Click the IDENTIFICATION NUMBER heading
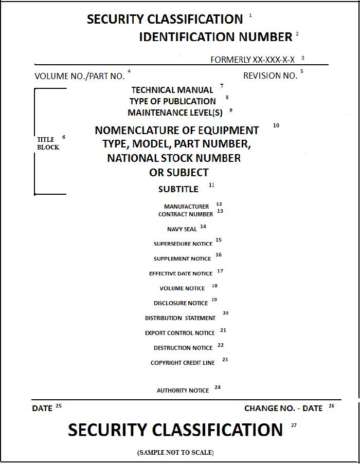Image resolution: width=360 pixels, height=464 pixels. [215, 37]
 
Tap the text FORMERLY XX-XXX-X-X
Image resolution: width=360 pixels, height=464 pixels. [253, 60]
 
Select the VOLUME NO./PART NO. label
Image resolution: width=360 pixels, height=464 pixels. [80, 76]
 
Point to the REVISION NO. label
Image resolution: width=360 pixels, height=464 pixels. [270, 76]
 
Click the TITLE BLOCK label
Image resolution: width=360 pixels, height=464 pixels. [48, 143]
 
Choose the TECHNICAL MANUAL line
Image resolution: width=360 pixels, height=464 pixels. [172, 90]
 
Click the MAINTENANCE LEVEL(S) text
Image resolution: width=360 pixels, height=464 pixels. [175, 113]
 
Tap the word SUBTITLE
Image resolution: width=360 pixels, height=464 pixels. [178, 189]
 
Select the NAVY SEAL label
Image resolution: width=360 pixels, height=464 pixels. [182, 229]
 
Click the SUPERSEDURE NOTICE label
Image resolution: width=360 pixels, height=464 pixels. [183, 244]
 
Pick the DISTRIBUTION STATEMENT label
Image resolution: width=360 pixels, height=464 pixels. [180, 318]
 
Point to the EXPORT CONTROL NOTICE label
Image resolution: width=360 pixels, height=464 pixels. [179, 333]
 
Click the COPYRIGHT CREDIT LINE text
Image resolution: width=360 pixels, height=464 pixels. [183, 363]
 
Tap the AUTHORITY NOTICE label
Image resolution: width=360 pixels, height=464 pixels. [183, 391]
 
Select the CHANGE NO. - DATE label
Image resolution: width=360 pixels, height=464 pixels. [283, 409]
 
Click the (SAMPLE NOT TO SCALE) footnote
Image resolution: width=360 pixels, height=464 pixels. [175, 453]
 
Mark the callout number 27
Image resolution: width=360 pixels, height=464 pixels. [294, 425]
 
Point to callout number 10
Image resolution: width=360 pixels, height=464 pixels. [276, 125]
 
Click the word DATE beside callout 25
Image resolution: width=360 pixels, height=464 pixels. [42, 409]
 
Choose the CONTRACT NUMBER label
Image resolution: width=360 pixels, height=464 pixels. [185, 214]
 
